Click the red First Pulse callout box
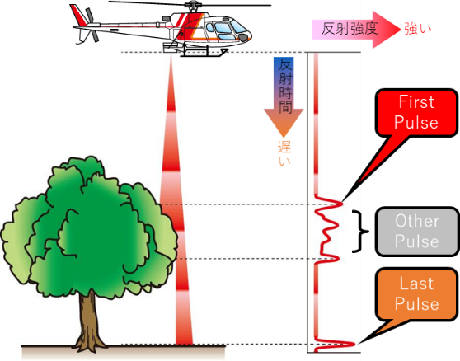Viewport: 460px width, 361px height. (x=416, y=113)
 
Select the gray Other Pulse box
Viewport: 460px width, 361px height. (x=416, y=232)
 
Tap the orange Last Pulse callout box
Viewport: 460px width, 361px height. (x=416, y=294)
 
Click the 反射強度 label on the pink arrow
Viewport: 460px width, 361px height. (x=349, y=29)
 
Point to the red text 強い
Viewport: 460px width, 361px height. (x=418, y=29)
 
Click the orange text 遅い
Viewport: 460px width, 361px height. (x=284, y=152)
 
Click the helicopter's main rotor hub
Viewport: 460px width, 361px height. (x=193, y=6)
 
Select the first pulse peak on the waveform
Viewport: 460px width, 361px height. (x=340, y=204)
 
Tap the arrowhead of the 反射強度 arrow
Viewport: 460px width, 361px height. (x=387, y=30)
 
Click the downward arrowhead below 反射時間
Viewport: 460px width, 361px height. (x=284, y=123)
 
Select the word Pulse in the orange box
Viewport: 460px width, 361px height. (x=416, y=304)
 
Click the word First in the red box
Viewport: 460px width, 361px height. (x=416, y=101)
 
